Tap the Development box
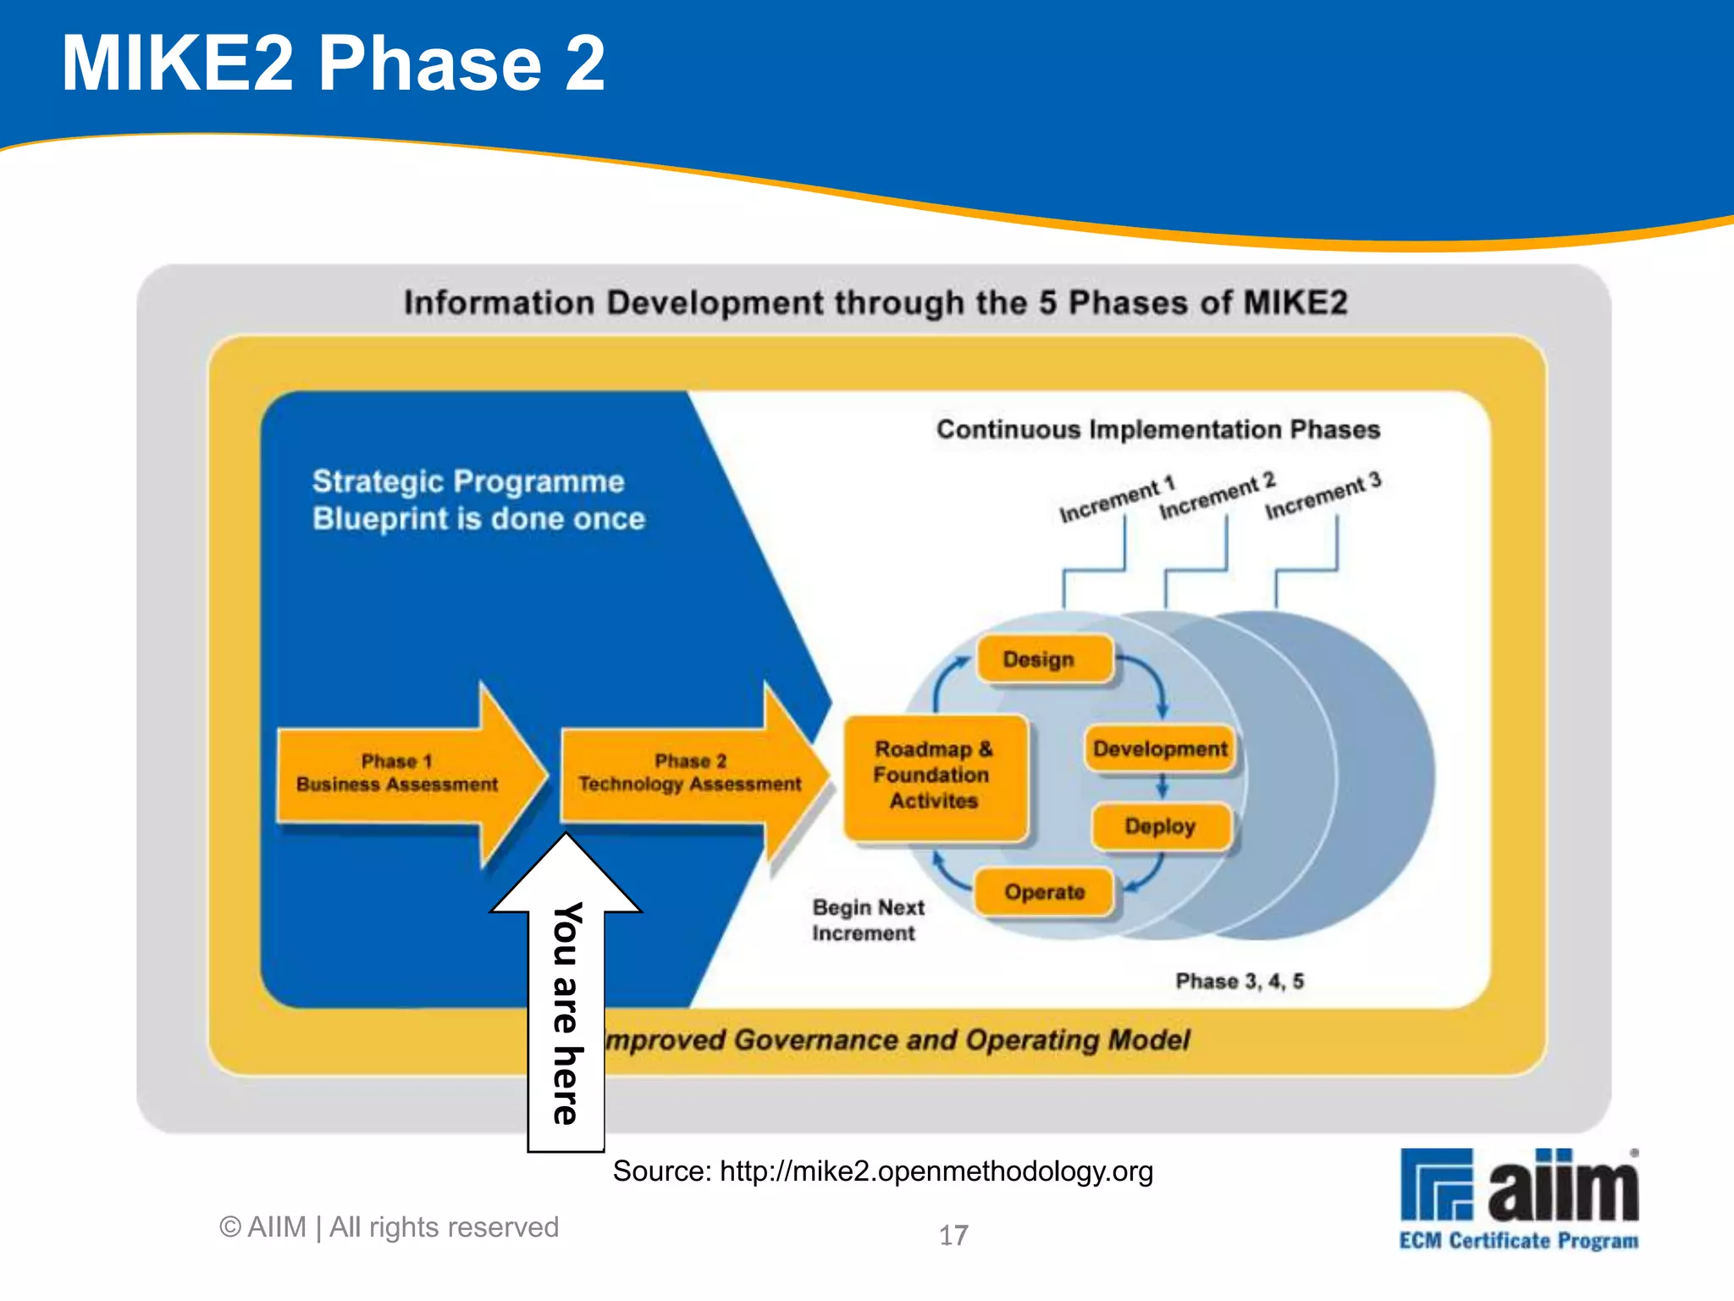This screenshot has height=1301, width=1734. click(1159, 749)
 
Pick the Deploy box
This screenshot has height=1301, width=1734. click(1160, 826)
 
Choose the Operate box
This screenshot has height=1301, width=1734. click(1044, 892)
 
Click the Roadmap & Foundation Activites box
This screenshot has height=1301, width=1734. click(934, 775)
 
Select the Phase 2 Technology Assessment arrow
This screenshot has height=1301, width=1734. click(690, 773)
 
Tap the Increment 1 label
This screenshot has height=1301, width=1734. click(1117, 500)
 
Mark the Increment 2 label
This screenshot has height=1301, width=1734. click(1217, 496)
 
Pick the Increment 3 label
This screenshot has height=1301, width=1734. click(1323, 495)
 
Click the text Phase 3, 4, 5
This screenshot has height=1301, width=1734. click(1240, 981)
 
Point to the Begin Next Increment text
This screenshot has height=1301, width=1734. click(867, 920)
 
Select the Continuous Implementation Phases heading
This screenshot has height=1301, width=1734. click(1157, 429)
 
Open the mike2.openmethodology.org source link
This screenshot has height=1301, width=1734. click(936, 1171)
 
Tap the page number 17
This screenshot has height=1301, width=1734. click(953, 1235)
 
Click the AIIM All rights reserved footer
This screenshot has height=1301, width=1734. click(389, 1227)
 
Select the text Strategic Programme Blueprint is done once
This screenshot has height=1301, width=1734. click(478, 500)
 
